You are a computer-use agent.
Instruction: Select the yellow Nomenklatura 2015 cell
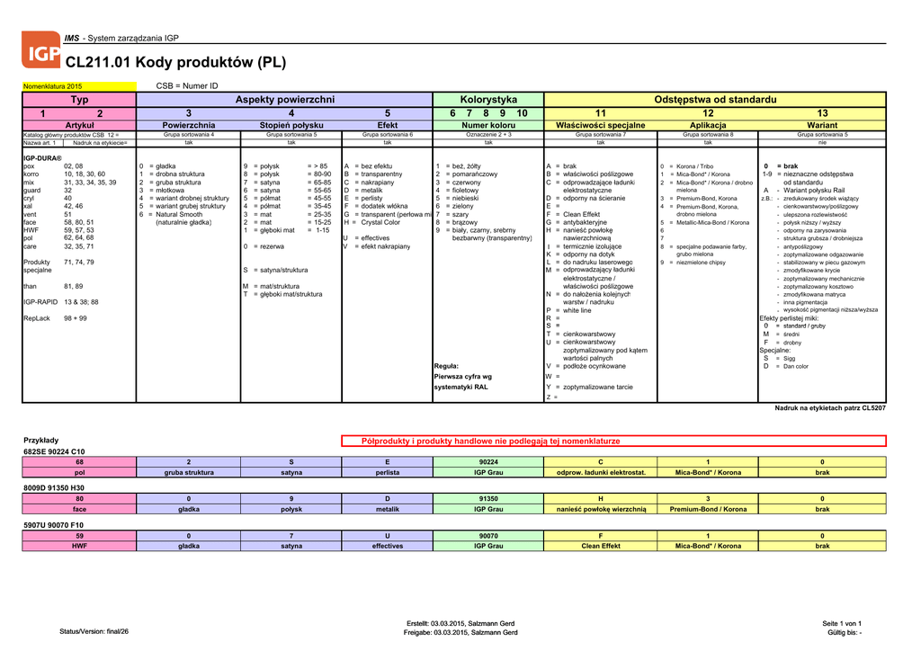pyautogui.click(x=52, y=85)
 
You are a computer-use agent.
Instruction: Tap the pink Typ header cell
pyautogui.click(x=79, y=99)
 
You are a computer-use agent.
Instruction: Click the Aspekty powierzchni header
pyautogui.click(x=284, y=99)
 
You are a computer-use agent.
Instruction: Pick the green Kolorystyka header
pyautogui.click(x=488, y=99)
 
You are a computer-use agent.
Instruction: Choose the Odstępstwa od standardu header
pyautogui.click(x=714, y=99)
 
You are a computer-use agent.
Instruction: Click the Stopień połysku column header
pyautogui.click(x=291, y=125)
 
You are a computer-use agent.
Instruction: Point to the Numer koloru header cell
pyautogui.click(x=488, y=125)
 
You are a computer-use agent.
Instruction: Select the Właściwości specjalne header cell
pyautogui.click(x=601, y=125)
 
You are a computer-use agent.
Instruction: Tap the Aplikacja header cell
pyautogui.click(x=708, y=125)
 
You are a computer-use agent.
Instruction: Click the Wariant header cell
pyautogui.click(x=822, y=125)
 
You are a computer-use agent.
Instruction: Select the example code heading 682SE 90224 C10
pyautogui.click(x=54, y=451)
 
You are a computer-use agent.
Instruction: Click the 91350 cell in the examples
pyautogui.click(x=488, y=498)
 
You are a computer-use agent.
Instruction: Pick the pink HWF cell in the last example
pyautogui.click(x=79, y=546)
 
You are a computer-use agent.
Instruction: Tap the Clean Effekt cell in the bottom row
pyautogui.click(x=601, y=546)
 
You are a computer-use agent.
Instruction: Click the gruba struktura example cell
pyautogui.click(x=189, y=472)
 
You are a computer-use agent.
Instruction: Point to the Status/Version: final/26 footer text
pyautogui.click(x=94, y=632)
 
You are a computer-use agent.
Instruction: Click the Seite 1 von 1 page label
pyautogui.click(x=842, y=623)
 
